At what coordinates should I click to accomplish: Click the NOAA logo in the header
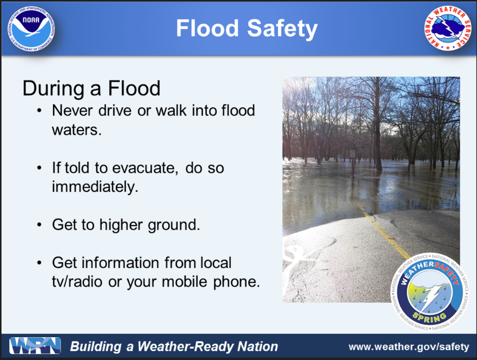pyautogui.click(x=31, y=28)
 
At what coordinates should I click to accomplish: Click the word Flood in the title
pyautogui.click(x=207, y=28)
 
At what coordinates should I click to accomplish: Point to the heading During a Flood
pyautogui.click(x=91, y=88)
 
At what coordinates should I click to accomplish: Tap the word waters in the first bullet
pyautogui.click(x=77, y=130)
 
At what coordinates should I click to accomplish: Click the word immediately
pyautogui.click(x=95, y=187)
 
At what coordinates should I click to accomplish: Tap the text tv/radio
pyautogui.click(x=77, y=282)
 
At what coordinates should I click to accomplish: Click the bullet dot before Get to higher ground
pyautogui.click(x=39, y=225)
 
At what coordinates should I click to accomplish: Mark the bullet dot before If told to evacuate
pyautogui.click(x=39, y=168)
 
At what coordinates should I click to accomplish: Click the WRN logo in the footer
pyautogui.click(x=35, y=346)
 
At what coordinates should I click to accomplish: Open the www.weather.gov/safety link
pyautogui.click(x=409, y=347)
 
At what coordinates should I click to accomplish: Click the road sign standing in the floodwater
pyautogui.click(x=352, y=153)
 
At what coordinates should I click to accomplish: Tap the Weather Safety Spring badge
pyautogui.click(x=429, y=292)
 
